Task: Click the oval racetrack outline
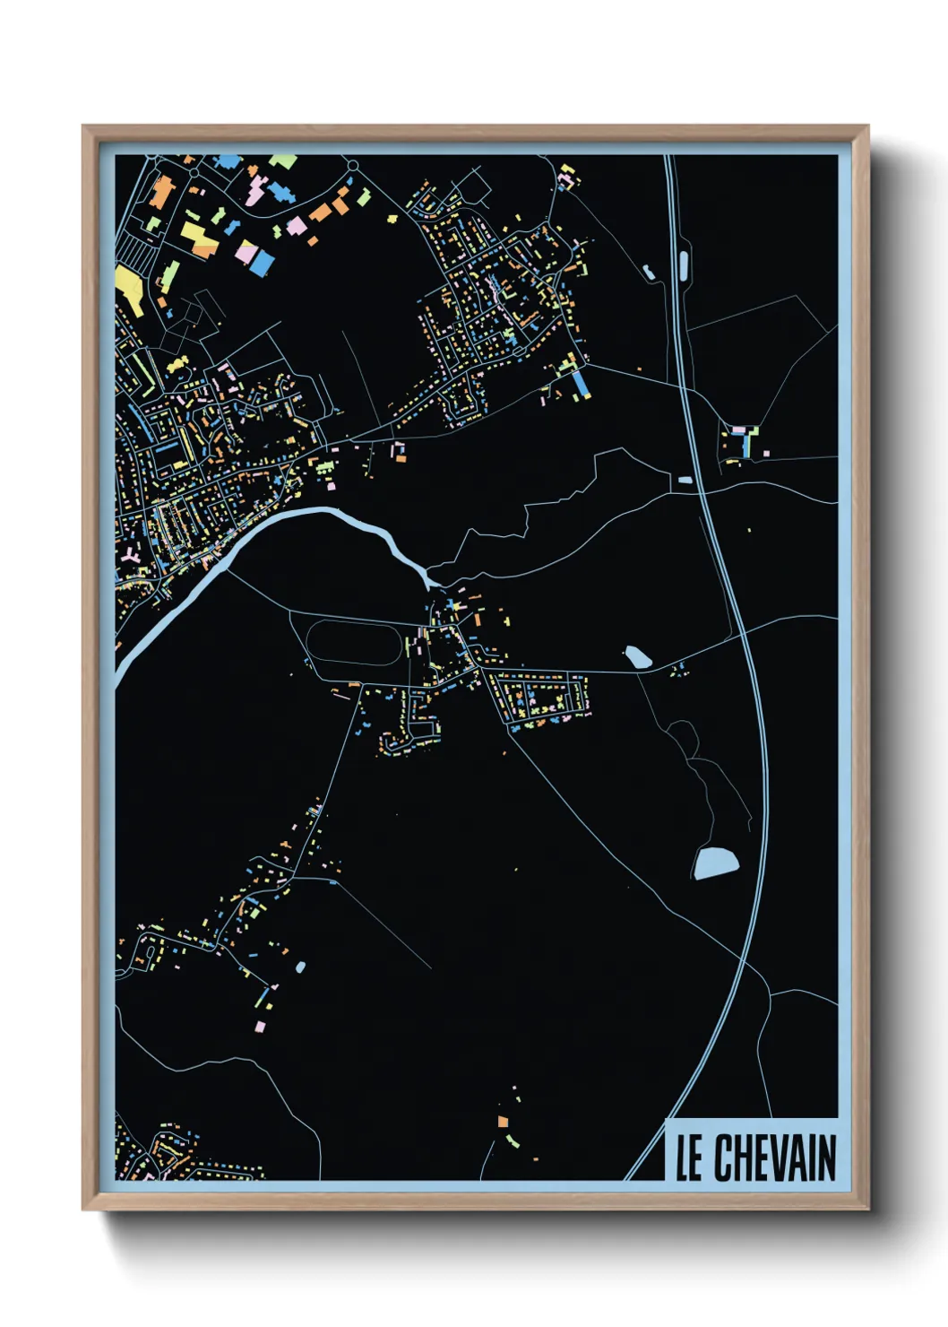[352, 642]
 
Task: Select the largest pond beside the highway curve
[715, 863]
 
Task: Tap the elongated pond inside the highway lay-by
[684, 263]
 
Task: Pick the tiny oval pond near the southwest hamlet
[299, 967]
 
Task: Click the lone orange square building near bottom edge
[503, 1121]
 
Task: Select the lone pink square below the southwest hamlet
[260, 1026]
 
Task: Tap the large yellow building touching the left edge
[129, 287]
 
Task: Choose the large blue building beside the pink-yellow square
[262, 262]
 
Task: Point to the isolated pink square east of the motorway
[765, 454]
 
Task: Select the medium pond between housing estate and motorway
[637, 657]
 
